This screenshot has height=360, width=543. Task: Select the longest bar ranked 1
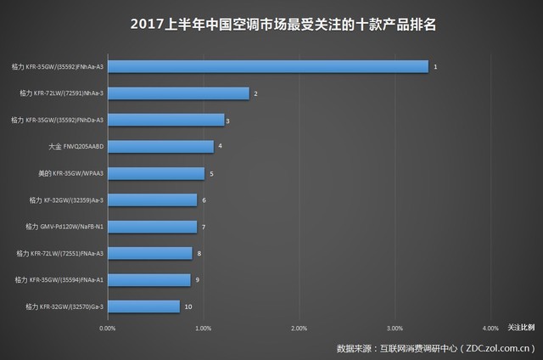click(267, 66)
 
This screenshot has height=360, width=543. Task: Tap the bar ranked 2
click(178, 93)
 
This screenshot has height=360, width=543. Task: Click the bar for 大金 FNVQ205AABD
click(160, 146)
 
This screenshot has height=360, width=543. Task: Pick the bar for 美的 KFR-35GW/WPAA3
click(156, 173)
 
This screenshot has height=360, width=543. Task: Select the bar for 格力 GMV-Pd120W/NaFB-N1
click(152, 227)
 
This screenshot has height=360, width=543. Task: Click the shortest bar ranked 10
click(143, 307)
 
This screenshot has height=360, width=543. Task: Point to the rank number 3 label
click(227, 121)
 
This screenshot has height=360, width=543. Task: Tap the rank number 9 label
click(196, 280)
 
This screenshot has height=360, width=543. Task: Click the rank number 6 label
click(204, 200)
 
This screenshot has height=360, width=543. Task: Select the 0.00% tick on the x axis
click(107, 327)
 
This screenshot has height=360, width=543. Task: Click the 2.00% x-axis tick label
click(299, 327)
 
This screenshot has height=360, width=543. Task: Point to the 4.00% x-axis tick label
click(490, 327)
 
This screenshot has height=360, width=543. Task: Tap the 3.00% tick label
click(394, 327)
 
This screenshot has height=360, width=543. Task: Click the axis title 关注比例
click(521, 327)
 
